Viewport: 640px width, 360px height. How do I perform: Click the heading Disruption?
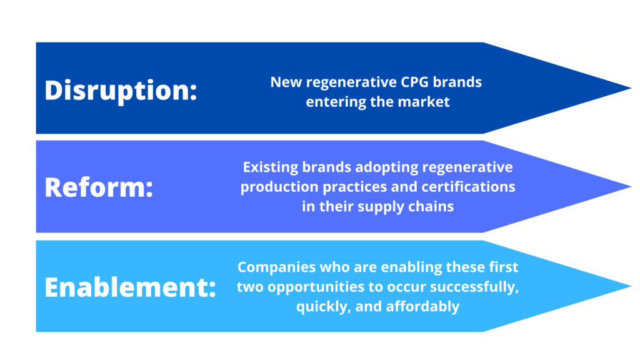[x=121, y=91]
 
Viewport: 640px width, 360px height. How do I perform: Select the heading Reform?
[x=99, y=187]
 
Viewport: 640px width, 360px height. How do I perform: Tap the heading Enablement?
[x=130, y=287]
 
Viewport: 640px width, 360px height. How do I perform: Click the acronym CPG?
[x=414, y=82]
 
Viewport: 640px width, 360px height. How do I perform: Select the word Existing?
[x=270, y=167]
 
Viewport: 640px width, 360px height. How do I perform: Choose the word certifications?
[x=468, y=187]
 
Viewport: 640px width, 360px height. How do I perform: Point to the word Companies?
[x=277, y=267]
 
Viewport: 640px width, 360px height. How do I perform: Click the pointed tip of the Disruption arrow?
[x=631, y=87]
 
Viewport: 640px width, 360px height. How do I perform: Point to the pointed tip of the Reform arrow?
[x=631, y=186]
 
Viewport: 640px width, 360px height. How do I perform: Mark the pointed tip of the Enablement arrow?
[x=631, y=286]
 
